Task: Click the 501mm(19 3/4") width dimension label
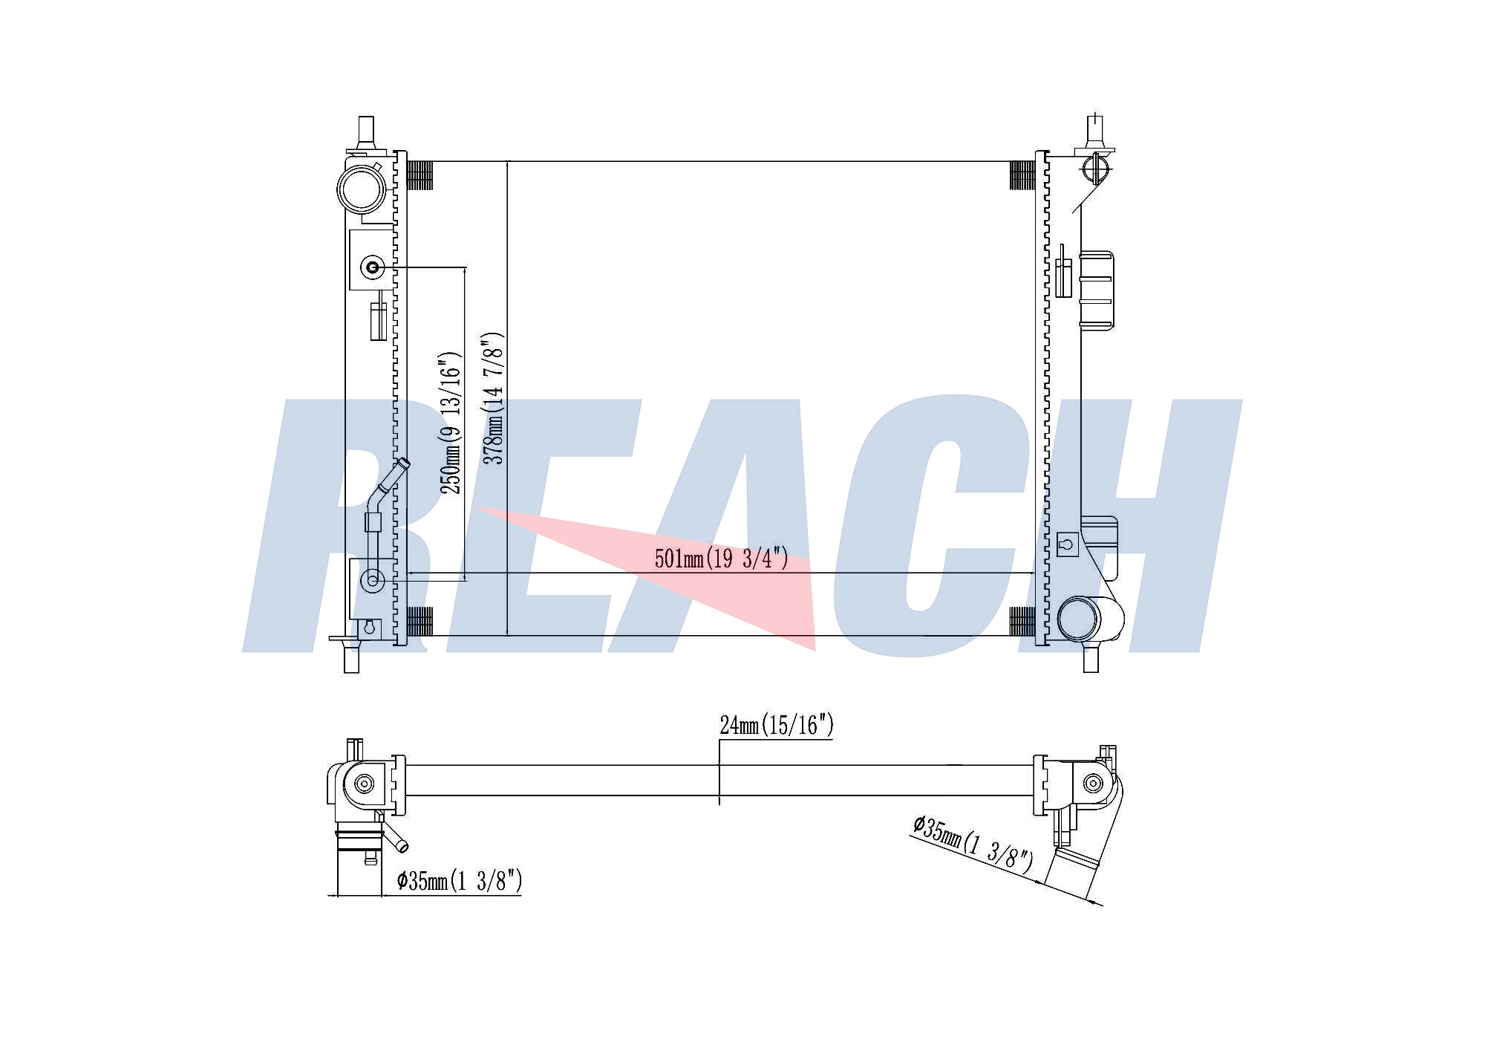721,559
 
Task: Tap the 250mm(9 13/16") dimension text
451,423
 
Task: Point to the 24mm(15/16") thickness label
777,725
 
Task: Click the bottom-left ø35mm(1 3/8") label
460,881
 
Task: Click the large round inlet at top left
362,189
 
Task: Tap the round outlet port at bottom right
1080,618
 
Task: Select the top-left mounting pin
365,134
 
